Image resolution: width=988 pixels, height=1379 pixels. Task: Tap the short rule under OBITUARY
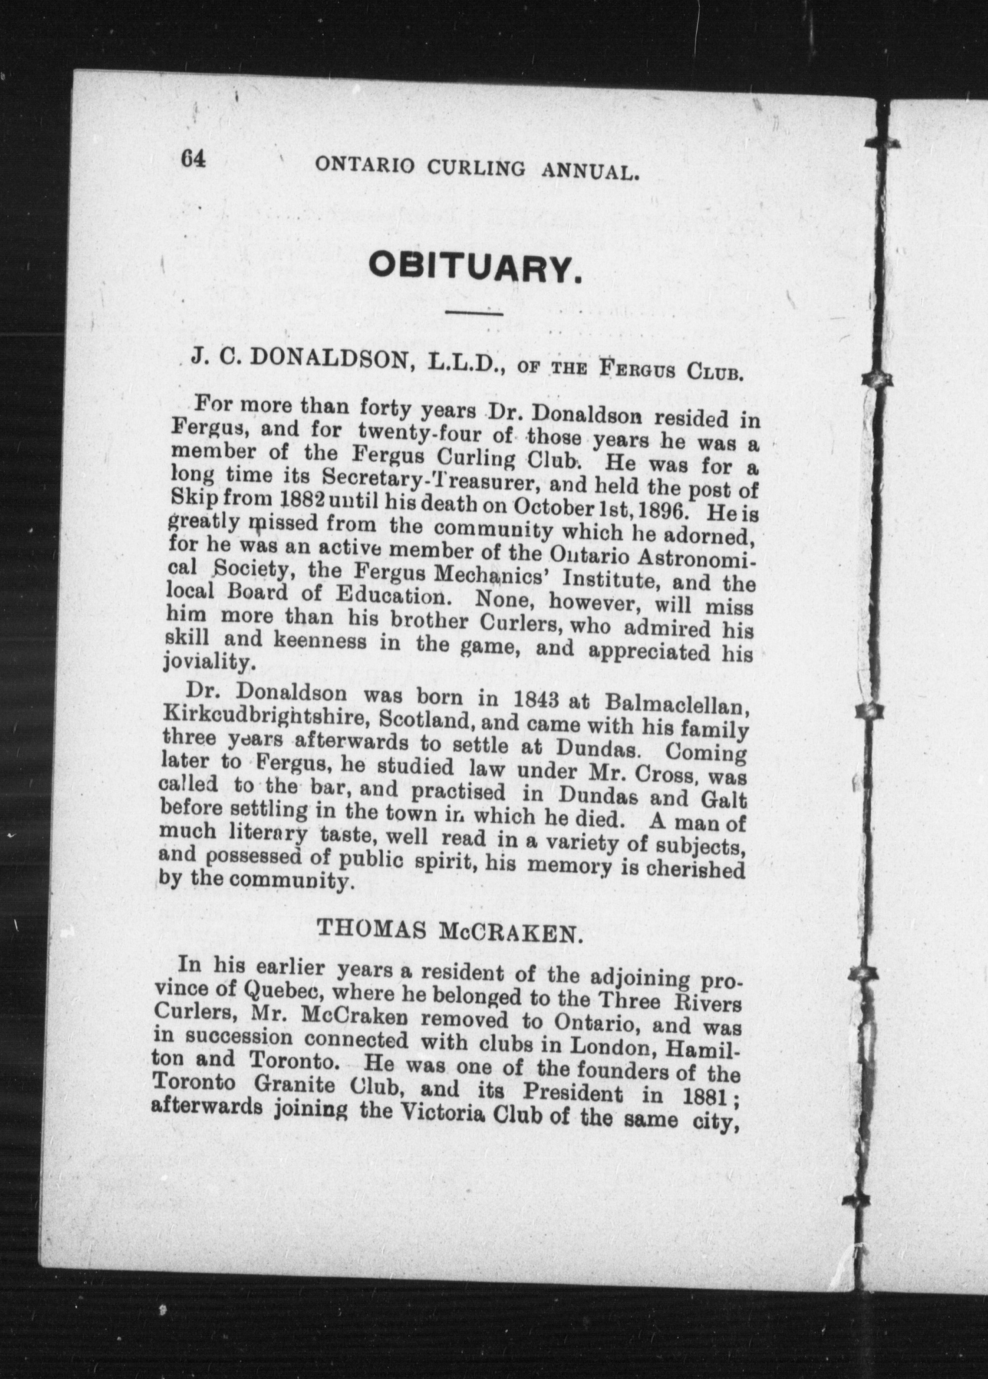click(x=474, y=314)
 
